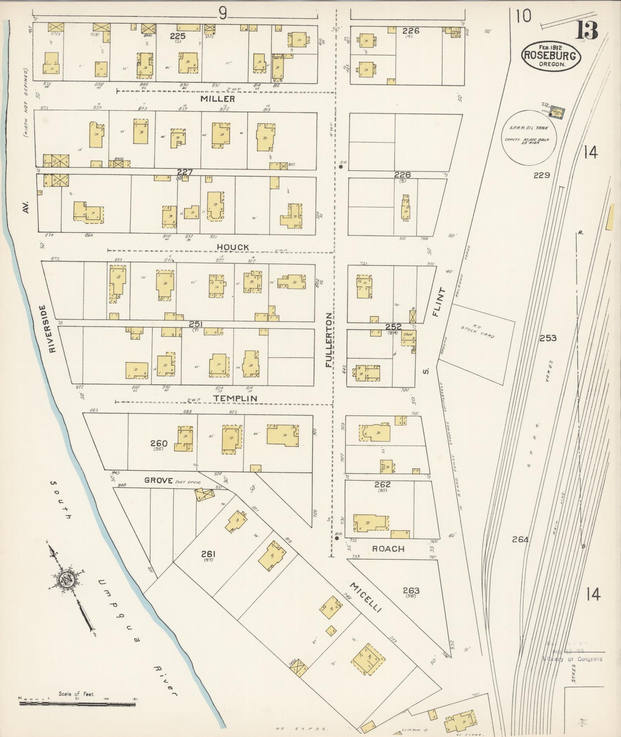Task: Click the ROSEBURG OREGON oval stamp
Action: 551,56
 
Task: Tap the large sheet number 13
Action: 586,31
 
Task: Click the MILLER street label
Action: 218,99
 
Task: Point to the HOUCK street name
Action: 233,247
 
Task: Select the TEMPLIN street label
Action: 236,398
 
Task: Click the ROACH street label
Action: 388,549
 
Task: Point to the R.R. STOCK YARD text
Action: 477,332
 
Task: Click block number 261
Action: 208,555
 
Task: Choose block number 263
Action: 411,591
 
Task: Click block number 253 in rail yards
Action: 548,338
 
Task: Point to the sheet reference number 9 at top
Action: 222,14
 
